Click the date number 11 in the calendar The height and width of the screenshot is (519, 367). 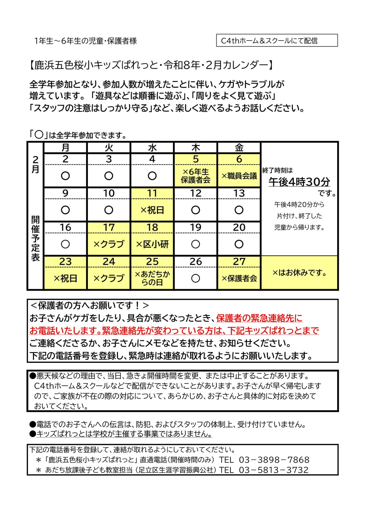pos(152,193)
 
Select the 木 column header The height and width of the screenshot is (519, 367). pos(196,148)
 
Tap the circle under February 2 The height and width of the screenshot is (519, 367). pos(65,176)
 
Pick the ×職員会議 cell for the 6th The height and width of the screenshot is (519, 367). pos(239,176)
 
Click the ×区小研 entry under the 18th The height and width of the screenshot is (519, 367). pos(152,244)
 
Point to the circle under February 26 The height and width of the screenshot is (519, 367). pos(196,278)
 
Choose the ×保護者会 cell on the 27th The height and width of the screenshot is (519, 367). pos(239,278)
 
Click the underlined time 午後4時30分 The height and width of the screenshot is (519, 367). pos(299,182)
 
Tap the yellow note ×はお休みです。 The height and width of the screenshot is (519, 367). pos(299,273)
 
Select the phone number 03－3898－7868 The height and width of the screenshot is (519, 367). pos(274,460)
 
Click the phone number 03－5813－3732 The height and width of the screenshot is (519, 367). pos(273,470)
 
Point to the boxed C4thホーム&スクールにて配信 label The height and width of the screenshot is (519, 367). pos(277,41)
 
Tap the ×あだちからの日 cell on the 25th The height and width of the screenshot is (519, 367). pos(152,278)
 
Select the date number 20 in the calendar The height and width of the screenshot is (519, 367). pos(239,227)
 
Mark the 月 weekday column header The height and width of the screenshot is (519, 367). pos(65,148)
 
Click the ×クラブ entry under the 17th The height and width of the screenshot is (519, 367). pos(109,244)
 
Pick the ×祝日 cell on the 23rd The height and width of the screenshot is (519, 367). pos(65,278)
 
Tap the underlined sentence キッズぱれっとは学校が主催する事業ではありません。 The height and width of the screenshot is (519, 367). pos(124,434)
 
